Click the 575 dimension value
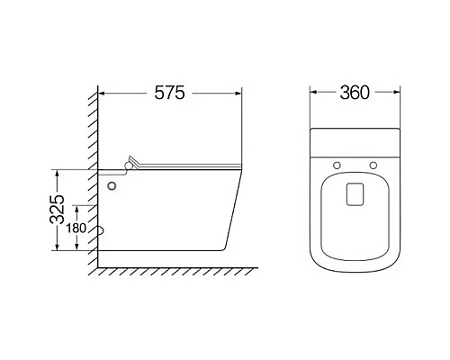click(169, 93)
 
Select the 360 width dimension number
click(355, 93)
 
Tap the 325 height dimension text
click(57, 209)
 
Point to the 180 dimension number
click(76, 229)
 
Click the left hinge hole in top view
click(337, 165)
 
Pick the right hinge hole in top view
click(373, 165)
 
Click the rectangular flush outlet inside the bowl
click(355, 194)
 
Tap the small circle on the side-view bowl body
click(112, 186)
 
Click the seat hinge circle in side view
click(129, 166)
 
